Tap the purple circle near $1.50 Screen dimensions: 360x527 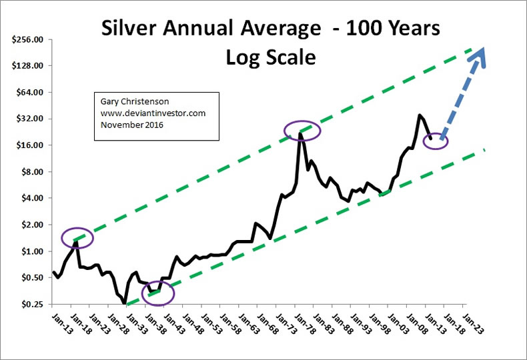[x=78, y=237]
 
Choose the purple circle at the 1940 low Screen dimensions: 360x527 [x=157, y=292]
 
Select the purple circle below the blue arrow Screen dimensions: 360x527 [x=435, y=141]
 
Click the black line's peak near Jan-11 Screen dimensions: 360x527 [x=419, y=115]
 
